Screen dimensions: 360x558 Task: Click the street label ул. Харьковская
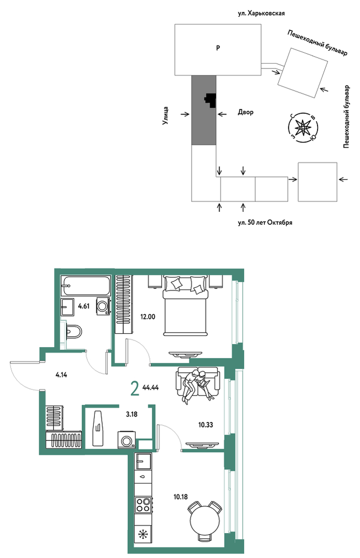[x=261, y=13]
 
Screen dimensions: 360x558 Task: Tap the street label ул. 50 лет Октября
[x=265, y=223]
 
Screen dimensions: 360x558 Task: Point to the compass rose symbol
[x=303, y=127]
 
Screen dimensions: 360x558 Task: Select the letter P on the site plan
[x=218, y=47]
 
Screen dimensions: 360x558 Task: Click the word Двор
[x=246, y=112]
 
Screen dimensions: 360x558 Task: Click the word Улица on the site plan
[x=166, y=115]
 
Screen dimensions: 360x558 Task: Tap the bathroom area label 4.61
[x=84, y=306]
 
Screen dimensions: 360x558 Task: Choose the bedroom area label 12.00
[x=148, y=316]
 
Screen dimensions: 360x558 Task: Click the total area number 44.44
[x=150, y=388]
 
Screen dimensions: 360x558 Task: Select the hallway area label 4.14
[x=62, y=374]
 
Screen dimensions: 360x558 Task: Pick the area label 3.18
[x=132, y=414]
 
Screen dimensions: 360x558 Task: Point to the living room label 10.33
[x=206, y=424]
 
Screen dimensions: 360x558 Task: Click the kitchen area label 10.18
[x=181, y=497]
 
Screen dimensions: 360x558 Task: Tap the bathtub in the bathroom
[x=85, y=286]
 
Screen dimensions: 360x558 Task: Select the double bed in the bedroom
[x=185, y=306]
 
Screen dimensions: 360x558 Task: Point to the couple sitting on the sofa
[x=196, y=387]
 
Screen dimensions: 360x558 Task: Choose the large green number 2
[x=135, y=388]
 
